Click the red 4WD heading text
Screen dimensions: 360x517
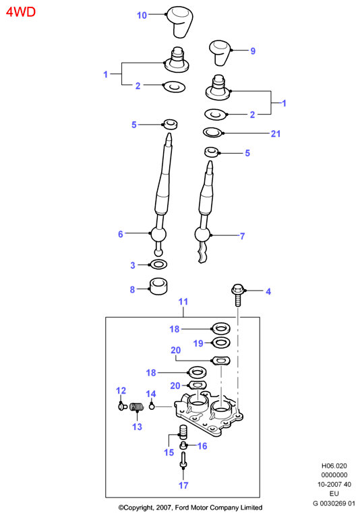tap(21, 12)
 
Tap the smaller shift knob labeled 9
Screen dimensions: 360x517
tap(220, 53)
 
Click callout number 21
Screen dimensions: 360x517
tap(276, 133)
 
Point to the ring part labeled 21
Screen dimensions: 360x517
tap(213, 133)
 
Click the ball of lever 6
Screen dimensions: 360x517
tap(158, 234)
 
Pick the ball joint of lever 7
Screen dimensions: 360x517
tap(202, 235)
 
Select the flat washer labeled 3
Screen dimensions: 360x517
tap(158, 264)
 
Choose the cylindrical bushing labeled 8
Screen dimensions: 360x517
tap(158, 286)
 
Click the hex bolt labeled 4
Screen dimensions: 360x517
tap(238, 295)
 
